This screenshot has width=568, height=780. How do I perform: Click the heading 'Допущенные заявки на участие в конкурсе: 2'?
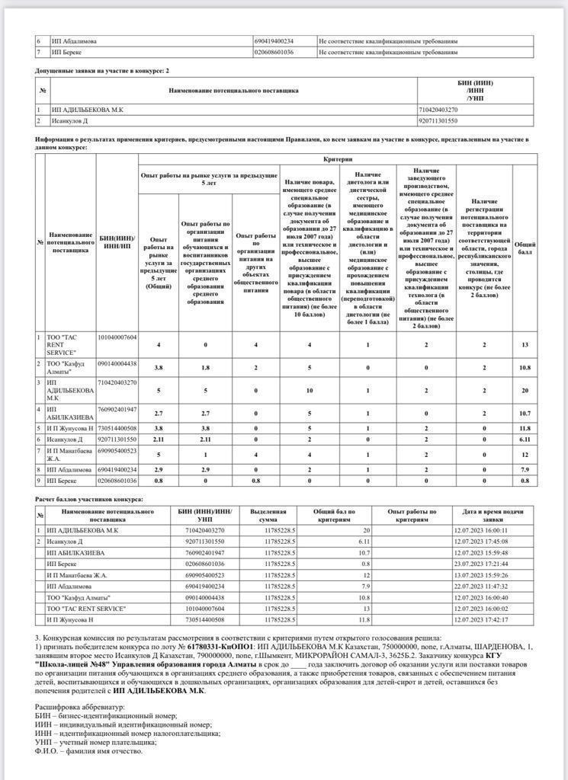pyautogui.click(x=102, y=70)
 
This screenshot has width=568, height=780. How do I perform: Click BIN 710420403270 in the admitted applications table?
pyautogui.click(x=438, y=110)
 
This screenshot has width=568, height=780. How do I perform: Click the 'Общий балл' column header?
pyautogui.click(x=525, y=249)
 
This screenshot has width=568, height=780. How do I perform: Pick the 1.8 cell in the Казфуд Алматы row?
pyautogui.click(x=206, y=367)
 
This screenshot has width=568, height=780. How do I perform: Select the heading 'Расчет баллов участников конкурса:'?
pyautogui.click(x=89, y=499)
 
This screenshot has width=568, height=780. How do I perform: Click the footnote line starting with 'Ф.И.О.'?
pyautogui.click(x=88, y=750)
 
